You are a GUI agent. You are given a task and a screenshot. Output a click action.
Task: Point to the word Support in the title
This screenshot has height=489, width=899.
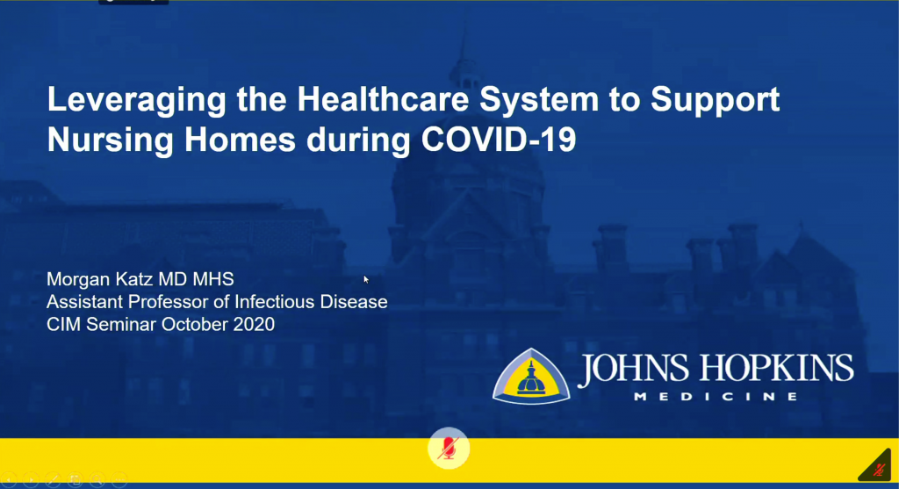(x=715, y=100)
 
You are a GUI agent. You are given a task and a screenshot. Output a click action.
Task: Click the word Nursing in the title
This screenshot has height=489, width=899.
(x=110, y=140)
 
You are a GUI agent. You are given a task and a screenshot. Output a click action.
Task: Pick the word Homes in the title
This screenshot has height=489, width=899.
(x=240, y=139)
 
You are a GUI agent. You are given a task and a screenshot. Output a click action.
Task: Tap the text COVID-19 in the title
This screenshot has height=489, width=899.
(x=499, y=139)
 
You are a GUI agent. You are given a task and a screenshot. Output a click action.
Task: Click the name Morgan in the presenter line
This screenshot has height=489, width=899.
(x=78, y=280)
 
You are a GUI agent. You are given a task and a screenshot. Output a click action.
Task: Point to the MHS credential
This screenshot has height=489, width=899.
(x=212, y=279)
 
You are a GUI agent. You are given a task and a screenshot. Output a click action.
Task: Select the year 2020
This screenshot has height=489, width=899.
(x=254, y=325)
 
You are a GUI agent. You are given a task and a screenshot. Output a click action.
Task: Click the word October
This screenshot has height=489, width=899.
(x=194, y=325)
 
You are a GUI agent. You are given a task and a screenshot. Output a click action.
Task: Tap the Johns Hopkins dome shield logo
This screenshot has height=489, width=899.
(x=531, y=377)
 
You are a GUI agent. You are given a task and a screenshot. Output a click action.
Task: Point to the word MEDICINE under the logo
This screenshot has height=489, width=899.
(x=716, y=396)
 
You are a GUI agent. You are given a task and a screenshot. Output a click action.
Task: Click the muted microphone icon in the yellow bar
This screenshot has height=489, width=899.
(x=449, y=449)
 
